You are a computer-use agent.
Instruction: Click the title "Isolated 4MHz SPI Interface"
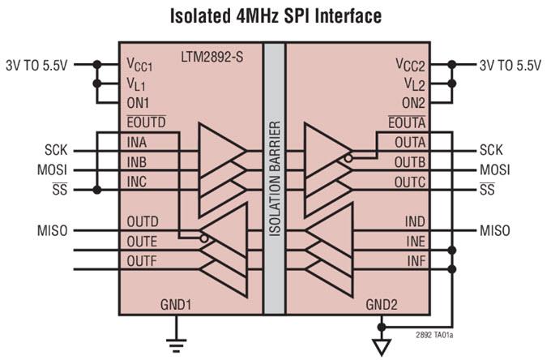pos(275,15)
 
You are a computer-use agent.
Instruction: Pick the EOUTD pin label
pos(147,122)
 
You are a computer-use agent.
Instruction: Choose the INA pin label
pos(138,141)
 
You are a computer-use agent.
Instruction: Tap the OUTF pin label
pos(142,260)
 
